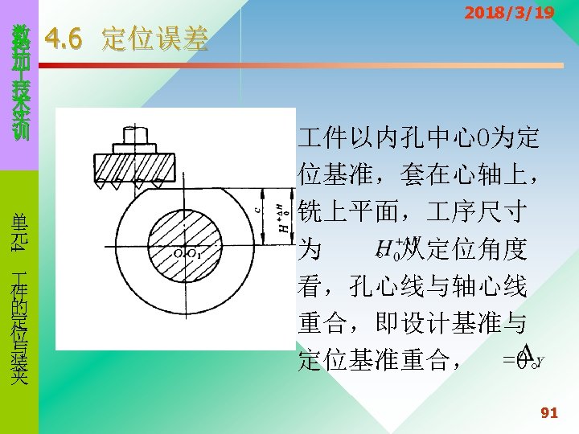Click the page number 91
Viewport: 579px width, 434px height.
click(x=548, y=413)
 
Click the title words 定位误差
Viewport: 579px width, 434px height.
click(x=154, y=39)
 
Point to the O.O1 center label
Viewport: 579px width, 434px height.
click(x=187, y=254)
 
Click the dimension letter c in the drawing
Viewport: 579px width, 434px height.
click(x=257, y=207)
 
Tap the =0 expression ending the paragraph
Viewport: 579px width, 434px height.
click(x=515, y=359)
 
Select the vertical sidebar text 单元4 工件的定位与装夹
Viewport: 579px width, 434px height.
click(x=20, y=297)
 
